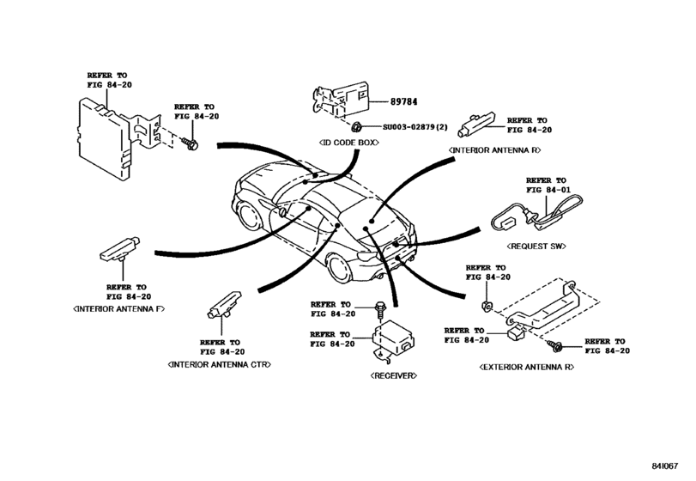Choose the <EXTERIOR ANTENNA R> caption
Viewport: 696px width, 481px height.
click(x=526, y=366)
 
